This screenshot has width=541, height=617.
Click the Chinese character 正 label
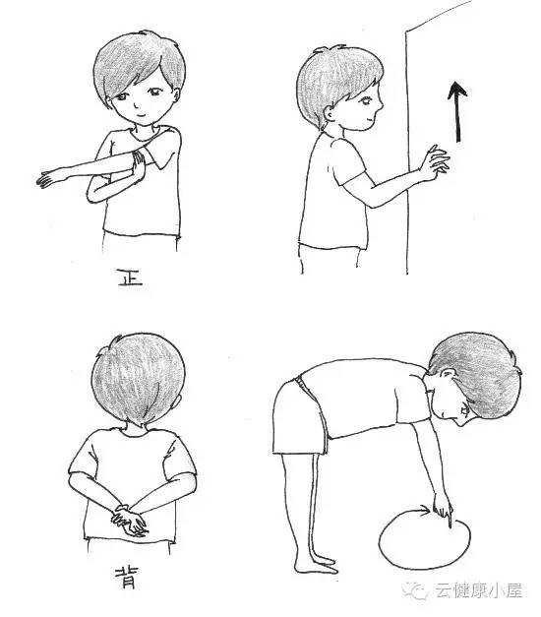[x=130, y=278]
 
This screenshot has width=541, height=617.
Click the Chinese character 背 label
[x=127, y=578]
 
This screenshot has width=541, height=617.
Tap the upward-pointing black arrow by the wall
[x=457, y=112]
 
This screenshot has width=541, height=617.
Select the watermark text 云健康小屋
[x=478, y=591]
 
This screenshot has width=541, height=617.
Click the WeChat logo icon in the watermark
[x=416, y=591]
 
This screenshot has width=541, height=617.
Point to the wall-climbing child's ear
[x=329, y=114]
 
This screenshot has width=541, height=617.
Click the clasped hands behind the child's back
[x=129, y=520]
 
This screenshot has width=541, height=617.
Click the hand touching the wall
[x=434, y=162]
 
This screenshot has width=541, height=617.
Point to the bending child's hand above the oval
[x=443, y=509]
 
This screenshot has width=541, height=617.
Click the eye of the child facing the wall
[x=367, y=100]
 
